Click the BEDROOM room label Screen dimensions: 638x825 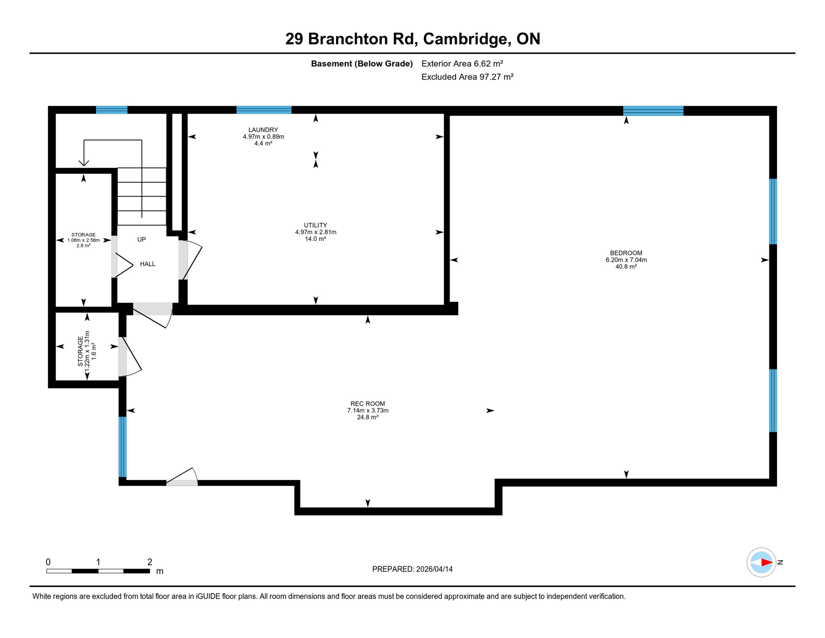pyautogui.click(x=626, y=253)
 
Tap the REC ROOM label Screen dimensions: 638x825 pyautogui.click(x=367, y=404)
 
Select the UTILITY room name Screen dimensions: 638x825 pyautogui.click(x=315, y=225)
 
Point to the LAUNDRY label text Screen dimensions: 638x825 pyautogui.click(x=263, y=130)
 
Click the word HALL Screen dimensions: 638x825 pyautogui.click(x=147, y=264)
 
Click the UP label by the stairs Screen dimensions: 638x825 pyautogui.click(x=142, y=240)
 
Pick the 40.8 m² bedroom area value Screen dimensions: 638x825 pyautogui.click(x=626, y=267)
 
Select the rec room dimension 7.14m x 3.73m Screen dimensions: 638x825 pyautogui.click(x=368, y=410)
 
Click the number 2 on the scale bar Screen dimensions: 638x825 pyautogui.click(x=150, y=562)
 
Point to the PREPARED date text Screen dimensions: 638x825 pyautogui.click(x=412, y=569)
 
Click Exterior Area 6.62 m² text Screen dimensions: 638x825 pyautogui.click(x=462, y=64)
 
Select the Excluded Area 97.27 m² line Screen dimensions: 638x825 pyautogui.click(x=467, y=77)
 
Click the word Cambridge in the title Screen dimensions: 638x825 pyautogui.click(x=466, y=39)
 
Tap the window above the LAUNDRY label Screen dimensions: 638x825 pyautogui.click(x=264, y=110)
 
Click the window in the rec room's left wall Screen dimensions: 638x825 pyautogui.click(x=122, y=447)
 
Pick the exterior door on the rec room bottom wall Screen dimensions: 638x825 pyautogui.click(x=182, y=482)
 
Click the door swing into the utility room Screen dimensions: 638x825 pyautogui.click(x=192, y=260)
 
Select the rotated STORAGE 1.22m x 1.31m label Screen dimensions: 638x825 pyautogui.click(x=87, y=348)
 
